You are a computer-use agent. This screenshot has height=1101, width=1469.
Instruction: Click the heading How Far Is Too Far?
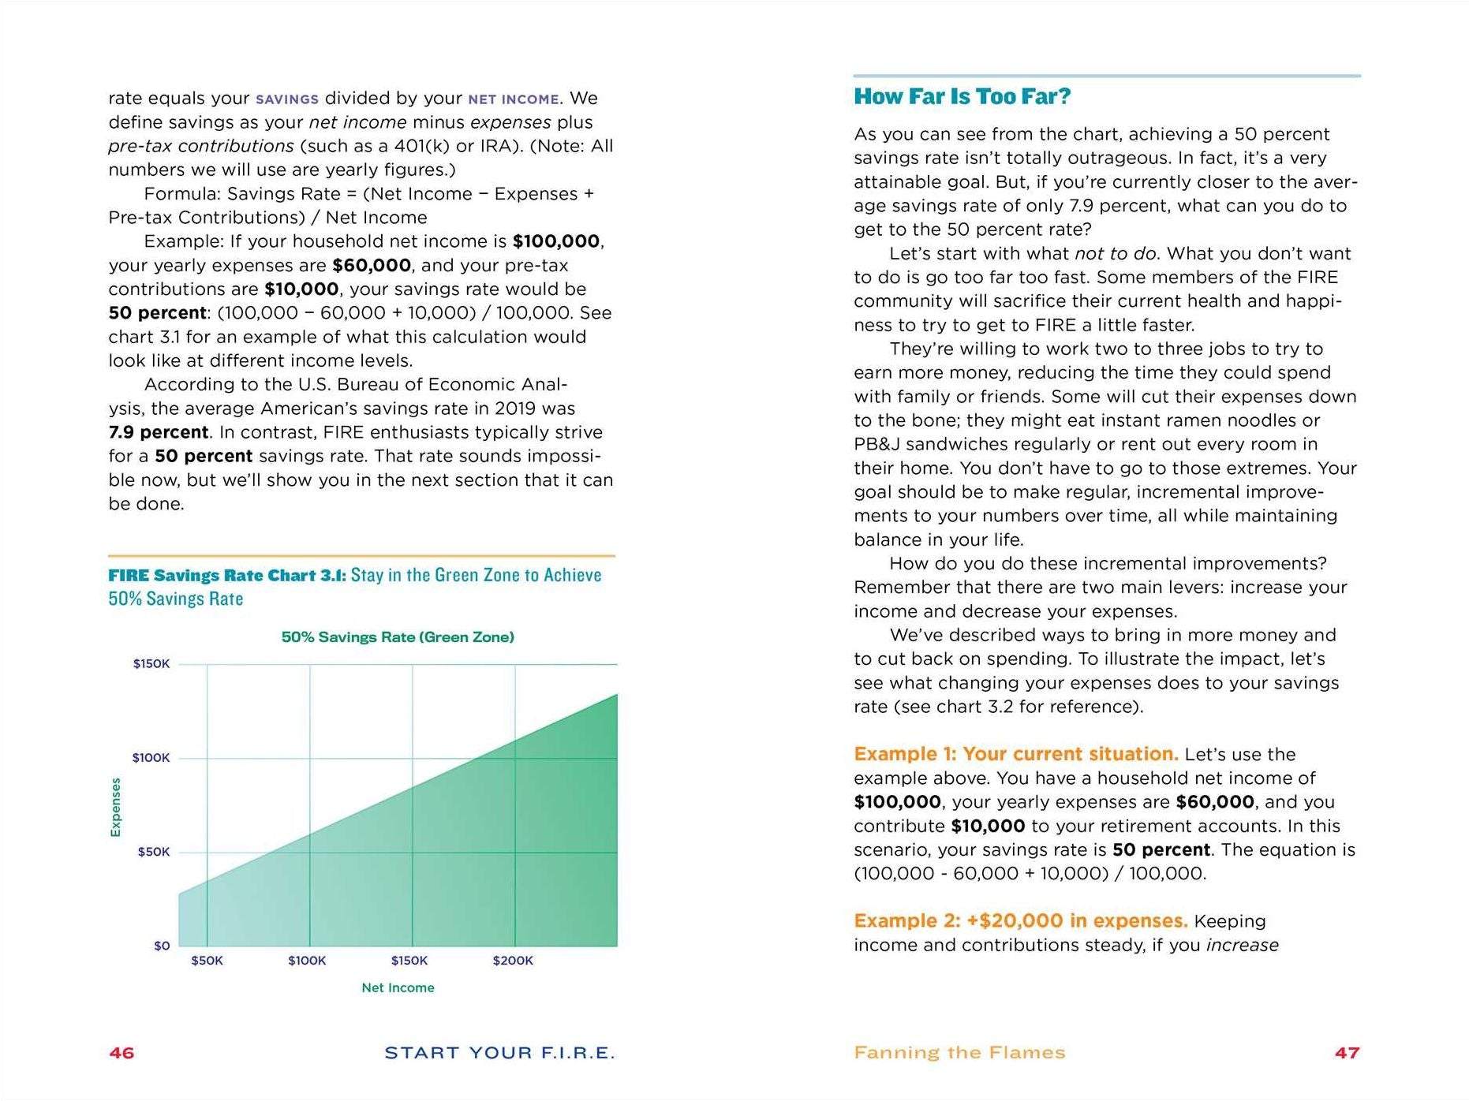point(962,96)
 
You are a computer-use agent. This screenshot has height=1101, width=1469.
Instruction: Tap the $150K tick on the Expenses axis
point(151,664)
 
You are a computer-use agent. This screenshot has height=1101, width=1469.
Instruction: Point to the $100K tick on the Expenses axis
point(151,758)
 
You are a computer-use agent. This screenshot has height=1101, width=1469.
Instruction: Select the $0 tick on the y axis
point(162,946)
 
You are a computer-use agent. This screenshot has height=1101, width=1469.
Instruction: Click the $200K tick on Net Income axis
point(513,961)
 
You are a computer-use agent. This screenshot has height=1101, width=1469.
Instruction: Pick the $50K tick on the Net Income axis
point(207,961)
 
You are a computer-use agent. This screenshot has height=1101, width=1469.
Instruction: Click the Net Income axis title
point(398,987)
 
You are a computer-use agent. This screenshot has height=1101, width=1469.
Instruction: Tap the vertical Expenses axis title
point(116,807)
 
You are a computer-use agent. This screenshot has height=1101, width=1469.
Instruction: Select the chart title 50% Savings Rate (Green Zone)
point(398,637)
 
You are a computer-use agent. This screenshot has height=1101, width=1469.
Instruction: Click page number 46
point(121,1053)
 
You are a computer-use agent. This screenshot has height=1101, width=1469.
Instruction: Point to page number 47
point(1347,1053)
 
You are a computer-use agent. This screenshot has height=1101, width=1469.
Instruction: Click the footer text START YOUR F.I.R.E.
point(499,1053)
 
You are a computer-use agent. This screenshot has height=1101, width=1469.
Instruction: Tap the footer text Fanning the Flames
point(959,1053)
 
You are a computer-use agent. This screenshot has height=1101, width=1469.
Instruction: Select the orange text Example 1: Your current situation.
point(1015,754)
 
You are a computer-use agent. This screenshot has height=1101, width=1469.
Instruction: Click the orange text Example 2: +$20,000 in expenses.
point(1020,921)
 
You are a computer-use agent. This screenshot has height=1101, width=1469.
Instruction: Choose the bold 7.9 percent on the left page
point(159,432)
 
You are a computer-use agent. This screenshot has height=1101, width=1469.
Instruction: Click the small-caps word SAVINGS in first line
point(287,99)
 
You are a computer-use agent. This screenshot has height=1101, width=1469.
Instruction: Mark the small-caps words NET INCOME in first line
point(514,99)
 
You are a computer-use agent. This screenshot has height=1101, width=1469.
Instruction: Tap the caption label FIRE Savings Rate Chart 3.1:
point(227,575)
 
